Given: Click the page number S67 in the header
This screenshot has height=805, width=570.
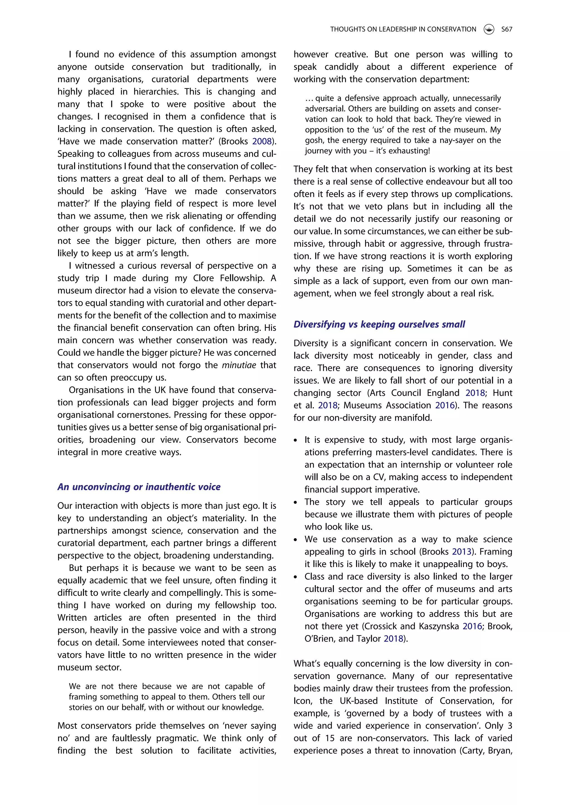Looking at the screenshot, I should pos(507,29).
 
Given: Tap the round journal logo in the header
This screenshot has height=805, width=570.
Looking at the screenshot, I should pos(489,29).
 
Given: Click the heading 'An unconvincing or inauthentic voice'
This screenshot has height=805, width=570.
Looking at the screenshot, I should pos(139,487).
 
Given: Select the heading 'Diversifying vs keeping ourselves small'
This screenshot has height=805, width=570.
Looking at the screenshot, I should pos(379,324).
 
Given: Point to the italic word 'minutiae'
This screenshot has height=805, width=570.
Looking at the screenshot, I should pos(239,365).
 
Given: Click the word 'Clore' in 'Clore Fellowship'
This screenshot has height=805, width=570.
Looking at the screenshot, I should pos(203,278).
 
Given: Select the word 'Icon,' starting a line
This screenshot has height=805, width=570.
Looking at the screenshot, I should pos(303,701).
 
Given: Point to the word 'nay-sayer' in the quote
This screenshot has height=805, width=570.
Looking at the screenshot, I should pos(459,140).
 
